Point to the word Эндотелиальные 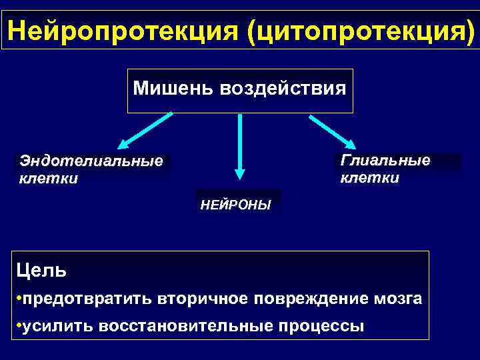[x=91, y=161]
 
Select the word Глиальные [x=385, y=161]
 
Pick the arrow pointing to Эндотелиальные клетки [x=143, y=131]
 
